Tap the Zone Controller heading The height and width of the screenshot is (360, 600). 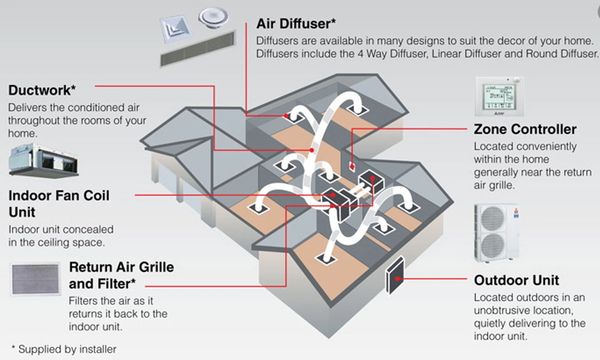524,130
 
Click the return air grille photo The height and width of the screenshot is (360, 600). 35,279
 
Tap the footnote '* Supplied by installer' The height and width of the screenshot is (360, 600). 63,349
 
